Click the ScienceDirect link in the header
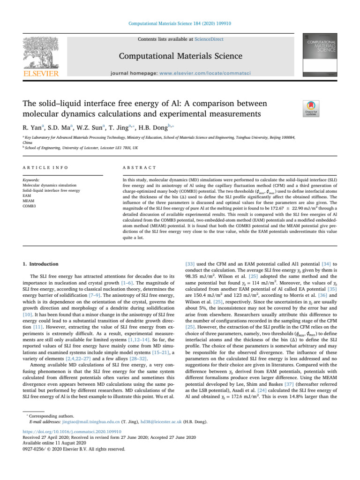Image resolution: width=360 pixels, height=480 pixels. [209, 40]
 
